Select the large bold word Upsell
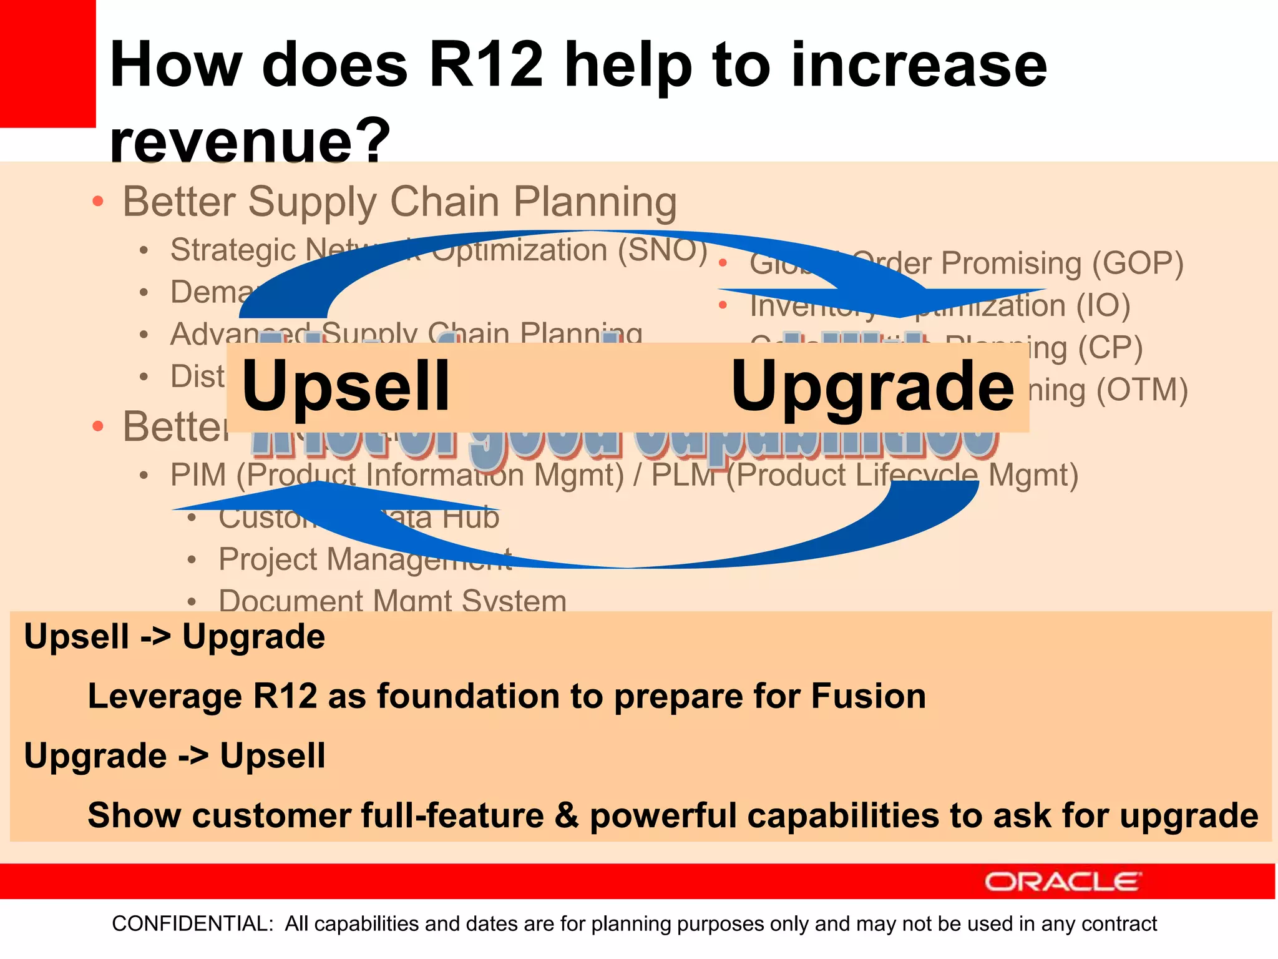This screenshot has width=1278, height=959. [x=346, y=386]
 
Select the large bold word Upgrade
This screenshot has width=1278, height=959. [x=872, y=386]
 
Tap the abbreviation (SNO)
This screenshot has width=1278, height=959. [x=663, y=250]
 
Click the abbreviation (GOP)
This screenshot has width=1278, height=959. [x=1138, y=263]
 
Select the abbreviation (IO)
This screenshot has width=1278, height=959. [x=1103, y=305]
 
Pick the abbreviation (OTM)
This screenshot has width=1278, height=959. [x=1142, y=390]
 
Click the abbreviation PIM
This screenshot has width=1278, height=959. [x=198, y=475]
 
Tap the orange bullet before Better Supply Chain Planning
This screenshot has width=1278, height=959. [x=97, y=201]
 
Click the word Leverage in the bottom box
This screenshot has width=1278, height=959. [x=165, y=696]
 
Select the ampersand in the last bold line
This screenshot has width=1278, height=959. [x=567, y=815]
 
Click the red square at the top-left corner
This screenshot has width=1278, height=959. [x=47, y=62]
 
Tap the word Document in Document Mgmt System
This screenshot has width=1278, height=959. [x=290, y=601]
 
